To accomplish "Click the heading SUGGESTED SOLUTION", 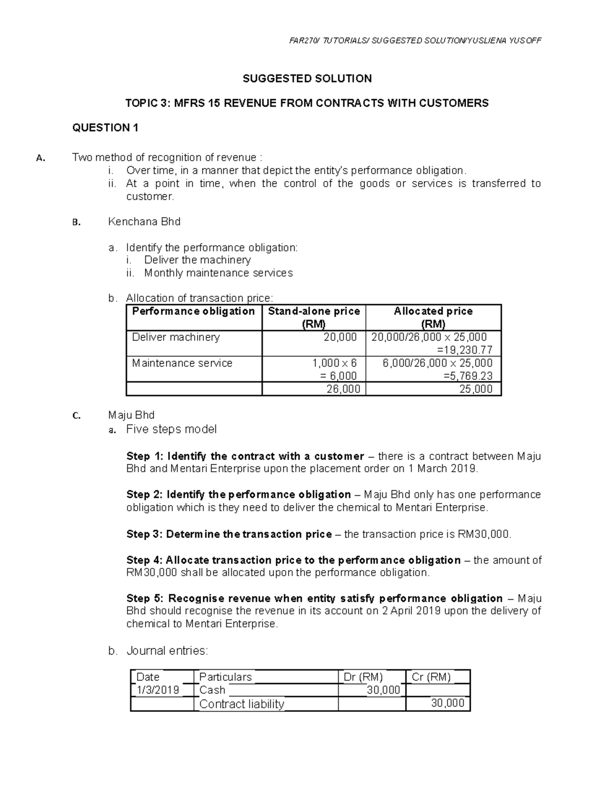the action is (x=307, y=79).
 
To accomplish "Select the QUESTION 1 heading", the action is (x=105, y=128).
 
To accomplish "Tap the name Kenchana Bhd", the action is (x=144, y=222).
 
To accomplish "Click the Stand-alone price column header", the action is (x=314, y=317).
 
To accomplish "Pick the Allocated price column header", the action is (x=433, y=317).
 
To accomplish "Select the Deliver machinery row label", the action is (x=176, y=337).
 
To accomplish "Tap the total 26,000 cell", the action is (x=343, y=389).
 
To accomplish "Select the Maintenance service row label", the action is (x=182, y=364).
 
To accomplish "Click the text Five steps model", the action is (x=171, y=429).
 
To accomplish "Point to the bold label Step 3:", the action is (x=144, y=534).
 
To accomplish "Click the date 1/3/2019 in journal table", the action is (x=158, y=690).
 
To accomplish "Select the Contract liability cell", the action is (x=242, y=704).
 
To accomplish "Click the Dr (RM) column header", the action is (x=363, y=677).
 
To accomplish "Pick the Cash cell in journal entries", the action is (x=212, y=690).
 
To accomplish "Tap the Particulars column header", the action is (x=226, y=677).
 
